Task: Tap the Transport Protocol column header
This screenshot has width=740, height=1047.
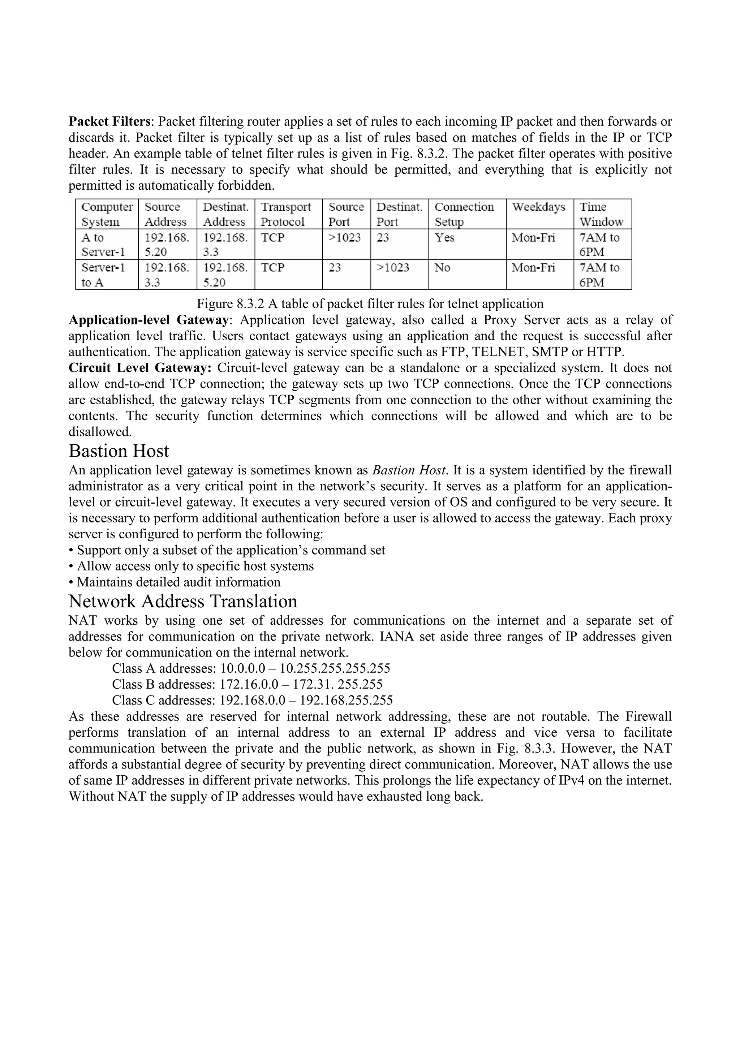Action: [285, 214]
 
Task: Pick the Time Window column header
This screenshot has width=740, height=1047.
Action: [601, 214]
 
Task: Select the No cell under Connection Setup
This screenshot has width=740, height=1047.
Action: [442, 268]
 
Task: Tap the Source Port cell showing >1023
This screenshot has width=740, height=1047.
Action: [344, 238]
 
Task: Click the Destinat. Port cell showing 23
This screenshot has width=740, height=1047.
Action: [383, 238]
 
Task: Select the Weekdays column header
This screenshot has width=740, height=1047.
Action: [538, 207]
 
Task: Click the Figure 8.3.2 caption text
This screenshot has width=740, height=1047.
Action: [370, 304]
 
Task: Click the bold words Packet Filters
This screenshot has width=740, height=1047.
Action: [109, 121]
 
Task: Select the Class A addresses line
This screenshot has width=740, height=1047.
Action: [251, 668]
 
